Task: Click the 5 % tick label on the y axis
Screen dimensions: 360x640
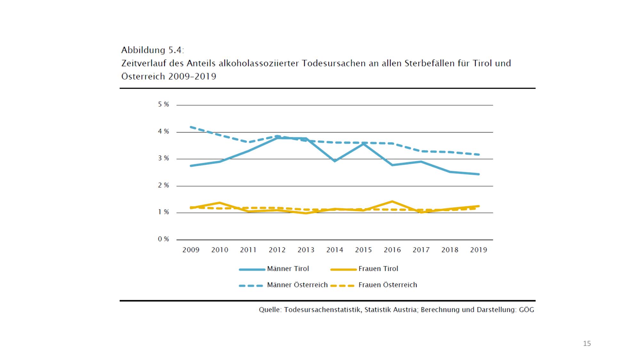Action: [163, 104]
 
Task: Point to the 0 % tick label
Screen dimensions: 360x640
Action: [163, 239]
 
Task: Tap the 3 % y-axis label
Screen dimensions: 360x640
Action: [163, 158]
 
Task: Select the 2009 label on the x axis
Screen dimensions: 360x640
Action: [191, 250]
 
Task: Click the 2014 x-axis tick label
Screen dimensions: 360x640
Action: [335, 250]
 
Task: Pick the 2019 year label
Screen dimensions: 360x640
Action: [478, 250]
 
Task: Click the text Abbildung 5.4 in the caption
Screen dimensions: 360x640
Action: [153, 50]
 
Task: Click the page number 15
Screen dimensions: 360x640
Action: [587, 344]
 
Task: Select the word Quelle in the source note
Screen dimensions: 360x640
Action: [270, 310]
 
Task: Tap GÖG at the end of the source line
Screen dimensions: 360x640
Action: [526, 310]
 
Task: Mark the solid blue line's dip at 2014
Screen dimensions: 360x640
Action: [335, 161]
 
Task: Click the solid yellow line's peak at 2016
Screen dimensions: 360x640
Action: [392, 201]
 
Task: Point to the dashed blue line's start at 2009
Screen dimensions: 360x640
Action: [191, 127]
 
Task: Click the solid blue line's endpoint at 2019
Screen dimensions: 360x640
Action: [478, 174]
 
